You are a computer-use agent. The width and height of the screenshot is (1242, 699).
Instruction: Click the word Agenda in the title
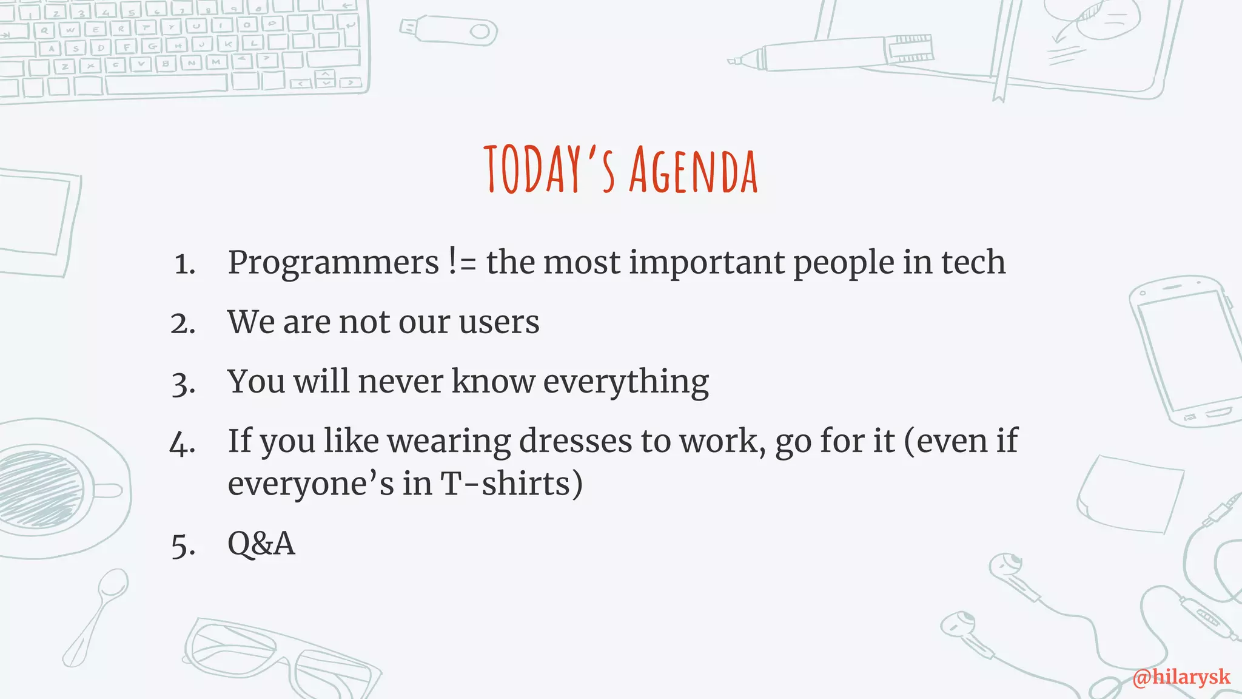point(693,172)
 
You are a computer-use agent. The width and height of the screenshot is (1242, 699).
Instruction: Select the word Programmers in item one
point(333,263)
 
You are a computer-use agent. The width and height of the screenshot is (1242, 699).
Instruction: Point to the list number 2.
point(183,323)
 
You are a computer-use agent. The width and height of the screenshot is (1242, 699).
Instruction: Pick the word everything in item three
point(625,382)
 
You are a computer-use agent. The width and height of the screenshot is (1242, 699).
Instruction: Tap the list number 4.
point(182,444)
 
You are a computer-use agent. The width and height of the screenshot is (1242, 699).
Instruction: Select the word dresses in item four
point(575,441)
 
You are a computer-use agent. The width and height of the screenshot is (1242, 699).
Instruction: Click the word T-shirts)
point(511,484)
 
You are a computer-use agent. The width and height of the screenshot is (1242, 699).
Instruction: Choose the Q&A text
point(261,543)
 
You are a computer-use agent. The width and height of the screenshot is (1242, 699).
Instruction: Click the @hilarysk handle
point(1181,677)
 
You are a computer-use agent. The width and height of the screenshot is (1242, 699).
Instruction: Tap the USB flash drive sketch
point(449,30)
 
